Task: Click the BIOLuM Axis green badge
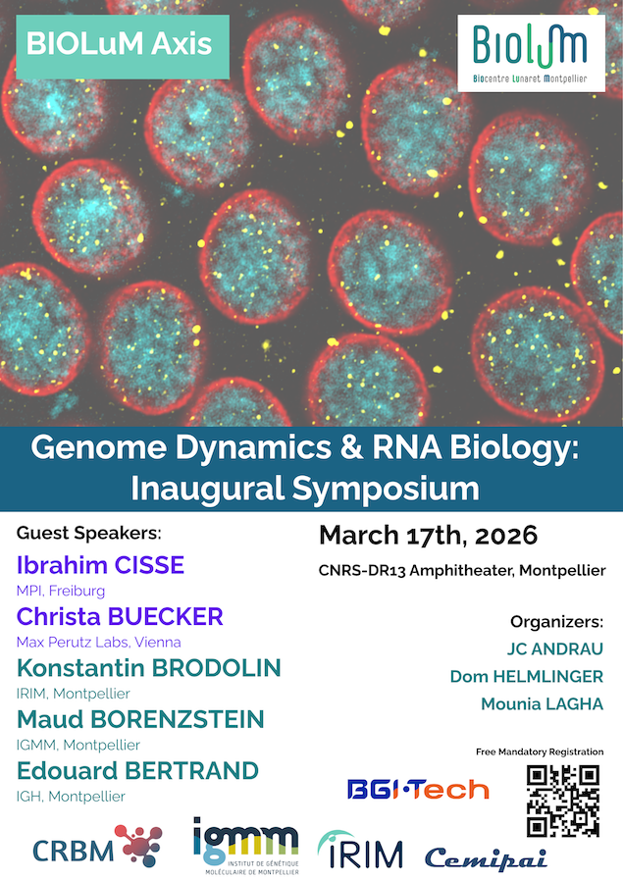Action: pyautogui.click(x=123, y=44)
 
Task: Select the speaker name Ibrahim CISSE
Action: pyautogui.click(x=101, y=566)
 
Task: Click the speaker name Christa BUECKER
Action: pyautogui.click(x=121, y=617)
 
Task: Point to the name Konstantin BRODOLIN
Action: pyautogui.click(x=149, y=668)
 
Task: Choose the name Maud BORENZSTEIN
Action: pyautogui.click(x=140, y=719)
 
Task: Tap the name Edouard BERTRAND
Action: pyautogui.click(x=137, y=770)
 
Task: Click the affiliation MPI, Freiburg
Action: pyautogui.click(x=61, y=591)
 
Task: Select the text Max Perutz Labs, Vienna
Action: pyautogui.click(x=98, y=642)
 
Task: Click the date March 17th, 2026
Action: pyautogui.click(x=428, y=536)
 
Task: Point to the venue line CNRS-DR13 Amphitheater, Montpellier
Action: pyautogui.click(x=461, y=570)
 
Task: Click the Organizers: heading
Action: pyautogui.click(x=556, y=622)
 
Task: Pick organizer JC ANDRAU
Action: pyautogui.click(x=554, y=649)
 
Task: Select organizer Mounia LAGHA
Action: pyautogui.click(x=542, y=704)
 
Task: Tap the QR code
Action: pyautogui.click(x=562, y=800)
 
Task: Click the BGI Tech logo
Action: pyautogui.click(x=417, y=788)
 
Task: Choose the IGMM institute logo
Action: pyautogui.click(x=245, y=845)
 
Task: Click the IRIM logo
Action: pyautogui.click(x=360, y=851)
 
